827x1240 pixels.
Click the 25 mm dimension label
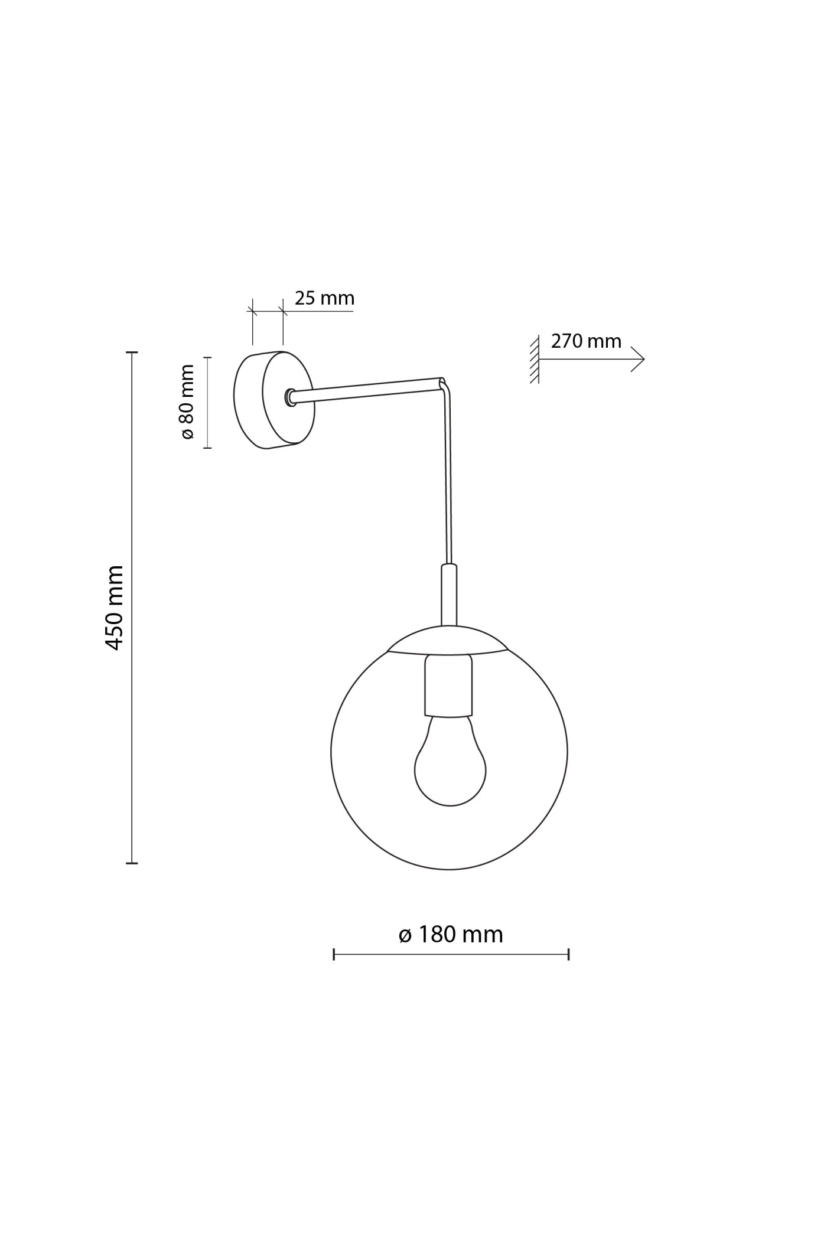pos(324,298)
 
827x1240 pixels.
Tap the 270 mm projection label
pos(586,341)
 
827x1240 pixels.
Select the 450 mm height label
pos(114,608)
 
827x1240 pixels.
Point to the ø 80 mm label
pos(187,402)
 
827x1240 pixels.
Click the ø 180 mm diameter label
pos(451,934)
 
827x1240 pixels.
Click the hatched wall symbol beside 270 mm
pos(535,359)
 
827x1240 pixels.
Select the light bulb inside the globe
pos(450,761)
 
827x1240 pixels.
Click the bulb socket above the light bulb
pos(449,686)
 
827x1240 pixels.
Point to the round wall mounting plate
pos(274,400)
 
